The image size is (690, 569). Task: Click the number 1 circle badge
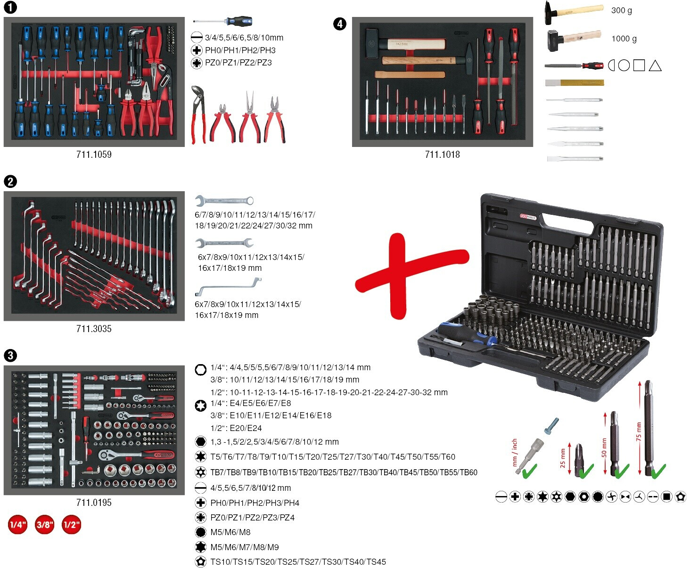click(10, 7)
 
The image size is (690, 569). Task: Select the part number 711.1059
click(94, 154)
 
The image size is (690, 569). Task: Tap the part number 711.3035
click(94, 329)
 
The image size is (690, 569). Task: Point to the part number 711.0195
click(94, 502)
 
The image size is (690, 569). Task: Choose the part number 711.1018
click(442, 154)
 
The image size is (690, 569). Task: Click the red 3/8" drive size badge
click(45, 524)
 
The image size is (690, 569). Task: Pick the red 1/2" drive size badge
click(71, 524)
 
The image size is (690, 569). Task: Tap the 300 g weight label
click(622, 10)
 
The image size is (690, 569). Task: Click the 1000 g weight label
click(624, 39)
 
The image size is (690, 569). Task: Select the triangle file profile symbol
click(655, 66)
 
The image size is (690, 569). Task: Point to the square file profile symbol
click(639, 65)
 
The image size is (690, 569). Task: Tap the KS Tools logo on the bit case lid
click(528, 217)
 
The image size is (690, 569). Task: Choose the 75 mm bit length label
click(639, 431)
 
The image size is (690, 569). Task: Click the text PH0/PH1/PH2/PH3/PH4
click(255, 503)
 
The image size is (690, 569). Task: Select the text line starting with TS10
click(298, 561)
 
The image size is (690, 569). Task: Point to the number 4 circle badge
click(340, 24)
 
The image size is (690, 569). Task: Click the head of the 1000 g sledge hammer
click(555, 41)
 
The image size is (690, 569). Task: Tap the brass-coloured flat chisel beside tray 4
click(575, 82)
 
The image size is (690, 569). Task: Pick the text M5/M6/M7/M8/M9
click(245, 547)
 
